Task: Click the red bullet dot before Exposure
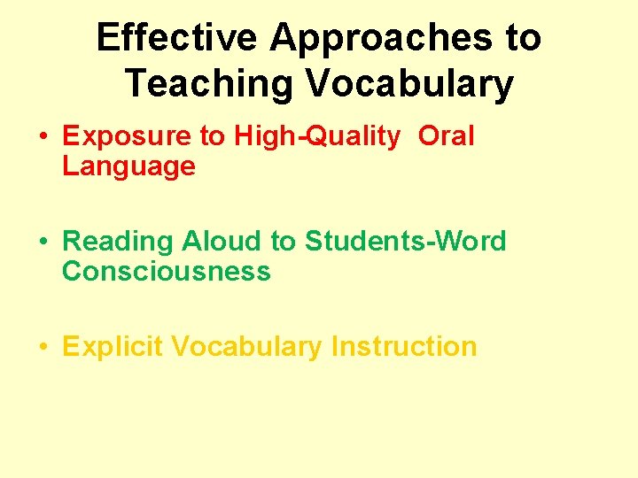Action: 43,137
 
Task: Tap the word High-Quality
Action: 316,136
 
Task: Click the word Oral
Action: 446,136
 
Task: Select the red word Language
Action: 128,166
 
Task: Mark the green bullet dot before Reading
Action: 43,242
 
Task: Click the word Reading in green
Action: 119,241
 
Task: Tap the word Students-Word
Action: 405,241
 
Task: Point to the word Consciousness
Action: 166,270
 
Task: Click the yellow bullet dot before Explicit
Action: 43,347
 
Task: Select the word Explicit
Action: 113,346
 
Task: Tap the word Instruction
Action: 404,346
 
